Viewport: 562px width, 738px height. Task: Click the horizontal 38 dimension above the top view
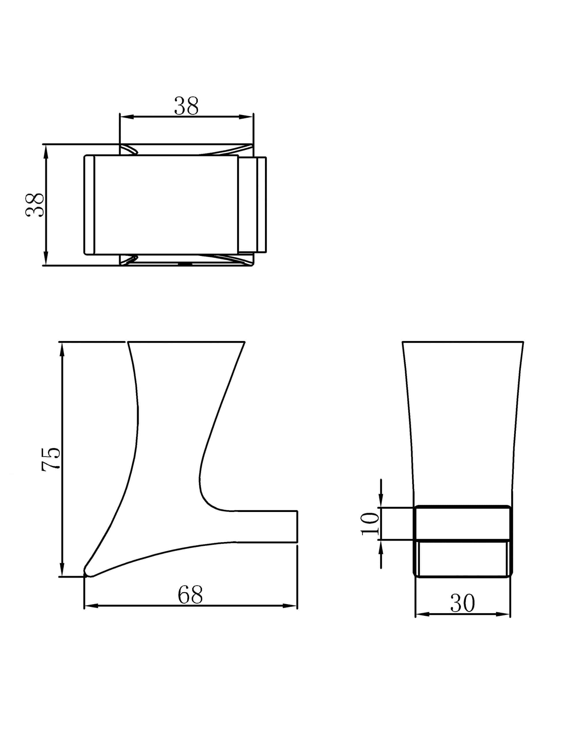186,106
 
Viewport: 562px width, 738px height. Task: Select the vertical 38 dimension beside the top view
35,205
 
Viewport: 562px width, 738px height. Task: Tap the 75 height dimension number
51,459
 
